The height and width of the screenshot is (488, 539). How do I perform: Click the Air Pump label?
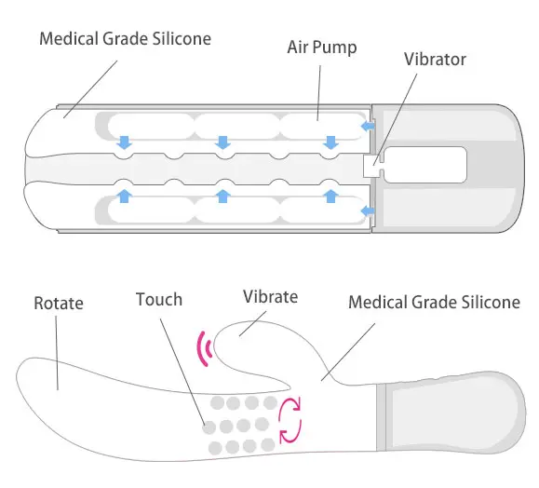pos(322,47)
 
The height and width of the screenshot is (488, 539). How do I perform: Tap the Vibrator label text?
pos(435,60)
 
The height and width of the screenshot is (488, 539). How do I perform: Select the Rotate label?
pos(59,304)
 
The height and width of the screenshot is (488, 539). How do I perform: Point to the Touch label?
pos(159,299)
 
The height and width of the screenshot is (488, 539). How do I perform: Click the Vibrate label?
pos(270,297)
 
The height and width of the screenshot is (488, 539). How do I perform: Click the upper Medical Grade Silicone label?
pos(125,38)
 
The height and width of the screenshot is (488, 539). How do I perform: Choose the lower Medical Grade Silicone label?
pos(434,303)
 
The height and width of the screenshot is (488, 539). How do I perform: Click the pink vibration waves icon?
pos(205,348)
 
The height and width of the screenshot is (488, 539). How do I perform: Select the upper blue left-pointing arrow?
pos(368,127)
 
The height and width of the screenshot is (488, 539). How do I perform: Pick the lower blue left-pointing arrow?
pos(368,210)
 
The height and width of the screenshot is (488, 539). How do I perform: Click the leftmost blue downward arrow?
pos(124,142)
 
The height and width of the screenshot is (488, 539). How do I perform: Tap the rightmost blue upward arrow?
pos(330,197)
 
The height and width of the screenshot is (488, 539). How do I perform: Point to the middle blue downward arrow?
pos(223,142)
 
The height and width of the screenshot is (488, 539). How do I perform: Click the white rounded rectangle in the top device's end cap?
pos(425,165)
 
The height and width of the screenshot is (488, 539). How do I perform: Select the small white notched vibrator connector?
pos(373,166)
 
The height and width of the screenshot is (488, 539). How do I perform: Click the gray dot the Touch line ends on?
pos(209,427)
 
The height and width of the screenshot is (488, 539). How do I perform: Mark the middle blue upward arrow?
pos(223,197)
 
